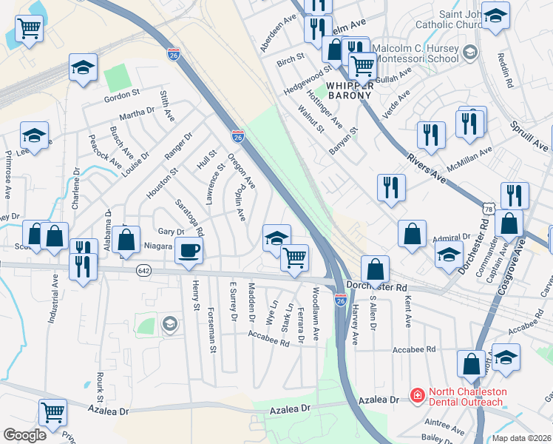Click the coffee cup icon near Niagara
(189, 250)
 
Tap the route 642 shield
(143, 272)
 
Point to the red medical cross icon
(417, 397)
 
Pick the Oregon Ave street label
(241, 171)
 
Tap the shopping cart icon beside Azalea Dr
(52, 413)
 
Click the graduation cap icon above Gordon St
(84, 67)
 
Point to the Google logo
(24, 435)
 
